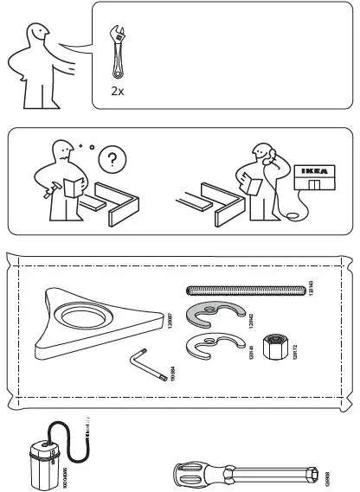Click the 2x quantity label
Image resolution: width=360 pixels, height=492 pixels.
(117, 89)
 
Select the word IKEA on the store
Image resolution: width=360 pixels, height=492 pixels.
(312, 171)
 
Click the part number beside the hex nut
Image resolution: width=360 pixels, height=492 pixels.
(295, 349)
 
